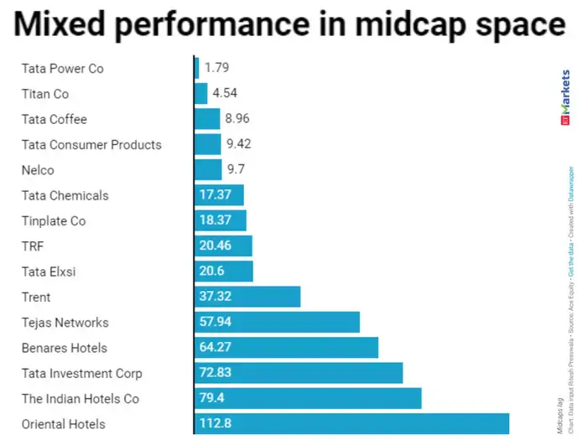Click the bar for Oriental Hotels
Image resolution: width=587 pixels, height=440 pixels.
click(x=351, y=424)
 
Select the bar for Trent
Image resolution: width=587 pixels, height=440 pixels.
click(x=247, y=297)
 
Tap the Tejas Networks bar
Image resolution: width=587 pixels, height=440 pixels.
click(x=277, y=323)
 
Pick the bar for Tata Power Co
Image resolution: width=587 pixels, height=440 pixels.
click(x=196, y=68)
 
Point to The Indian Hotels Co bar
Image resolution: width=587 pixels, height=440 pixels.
click(x=308, y=399)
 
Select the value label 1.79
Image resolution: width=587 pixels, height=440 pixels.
click(x=216, y=68)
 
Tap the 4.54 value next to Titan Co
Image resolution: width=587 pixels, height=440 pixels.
click(x=225, y=94)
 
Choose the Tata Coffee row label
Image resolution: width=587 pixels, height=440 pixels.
click(x=54, y=119)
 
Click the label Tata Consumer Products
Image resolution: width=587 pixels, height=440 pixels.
click(x=91, y=145)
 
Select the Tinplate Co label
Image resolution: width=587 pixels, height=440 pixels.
click(x=54, y=221)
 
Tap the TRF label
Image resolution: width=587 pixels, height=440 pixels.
click(x=33, y=246)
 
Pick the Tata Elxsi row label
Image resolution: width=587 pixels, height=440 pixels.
click(x=48, y=272)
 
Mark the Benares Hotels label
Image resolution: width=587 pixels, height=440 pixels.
click(x=65, y=348)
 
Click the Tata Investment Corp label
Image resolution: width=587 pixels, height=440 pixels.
click(x=82, y=374)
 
